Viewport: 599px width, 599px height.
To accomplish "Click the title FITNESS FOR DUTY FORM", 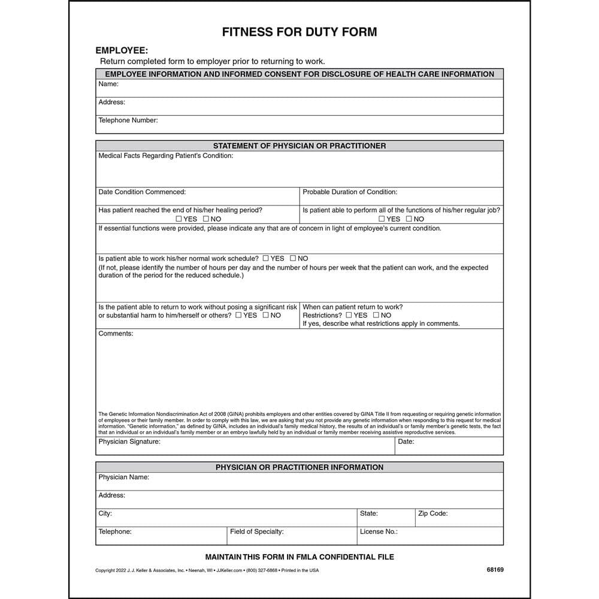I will coord(299,32).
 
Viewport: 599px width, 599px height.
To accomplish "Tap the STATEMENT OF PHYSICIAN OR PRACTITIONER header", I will coord(299,146).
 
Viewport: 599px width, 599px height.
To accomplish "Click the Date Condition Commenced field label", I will coord(142,192).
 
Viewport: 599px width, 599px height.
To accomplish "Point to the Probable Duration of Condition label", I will coord(350,192).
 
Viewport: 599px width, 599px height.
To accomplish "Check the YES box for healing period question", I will coord(179,219).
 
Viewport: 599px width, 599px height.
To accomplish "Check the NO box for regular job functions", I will coord(409,219).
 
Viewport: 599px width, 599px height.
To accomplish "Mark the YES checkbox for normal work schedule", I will coord(265,258).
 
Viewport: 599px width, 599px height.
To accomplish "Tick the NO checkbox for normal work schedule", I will coord(293,258).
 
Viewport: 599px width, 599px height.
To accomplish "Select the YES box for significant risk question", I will coord(238,315).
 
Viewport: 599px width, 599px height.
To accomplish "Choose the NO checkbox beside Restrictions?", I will coord(376,315).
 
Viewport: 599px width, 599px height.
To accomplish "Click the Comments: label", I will coord(116,334).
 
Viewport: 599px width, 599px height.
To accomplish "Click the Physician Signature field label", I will coord(129,442).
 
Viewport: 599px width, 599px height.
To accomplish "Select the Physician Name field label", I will coord(124,477).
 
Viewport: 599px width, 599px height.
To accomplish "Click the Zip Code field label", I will coord(432,514).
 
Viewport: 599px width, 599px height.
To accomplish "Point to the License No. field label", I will coord(379,532).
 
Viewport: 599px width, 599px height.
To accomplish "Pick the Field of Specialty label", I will coord(257,532).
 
